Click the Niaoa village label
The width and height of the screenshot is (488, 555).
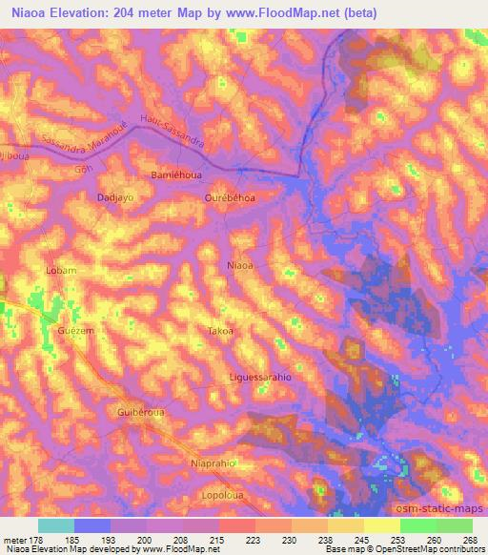click(241, 266)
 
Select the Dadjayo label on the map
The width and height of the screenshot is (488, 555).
click(114, 197)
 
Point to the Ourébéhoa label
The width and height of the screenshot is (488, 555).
click(231, 197)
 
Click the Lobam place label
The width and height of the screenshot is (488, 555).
click(61, 271)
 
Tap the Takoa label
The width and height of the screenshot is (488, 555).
click(219, 331)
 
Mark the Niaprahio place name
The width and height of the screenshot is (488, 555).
click(213, 463)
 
